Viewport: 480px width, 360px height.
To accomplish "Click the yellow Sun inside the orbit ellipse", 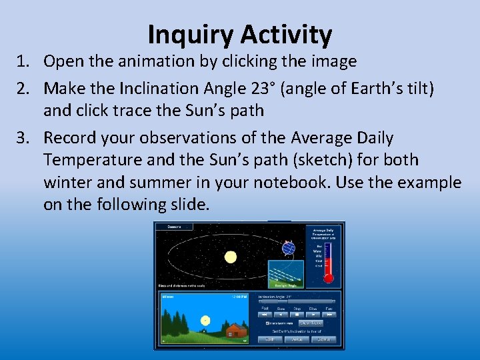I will point(231,257).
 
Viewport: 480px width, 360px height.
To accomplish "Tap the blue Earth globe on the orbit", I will point(289,248).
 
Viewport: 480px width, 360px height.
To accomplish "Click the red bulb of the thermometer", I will point(328,279).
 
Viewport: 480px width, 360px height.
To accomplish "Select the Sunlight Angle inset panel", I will point(285,274).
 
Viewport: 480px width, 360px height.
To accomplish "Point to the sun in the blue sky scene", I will point(205,321).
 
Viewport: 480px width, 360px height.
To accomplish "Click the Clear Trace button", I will point(311,323).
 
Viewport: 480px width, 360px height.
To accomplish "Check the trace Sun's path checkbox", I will point(268,323).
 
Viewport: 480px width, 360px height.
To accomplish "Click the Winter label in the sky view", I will point(169,296).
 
